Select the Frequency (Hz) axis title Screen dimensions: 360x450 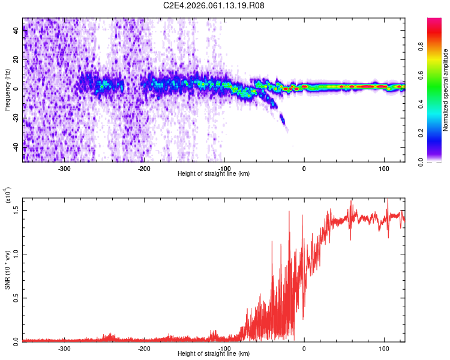pyautogui.click(x=8, y=89)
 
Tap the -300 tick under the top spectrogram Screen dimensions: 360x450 pyautogui.click(x=64, y=169)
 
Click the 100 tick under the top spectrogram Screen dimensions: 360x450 pyautogui.click(x=383, y=169)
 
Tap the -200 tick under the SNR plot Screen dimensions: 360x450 pyautogui.click(x=144, y=349)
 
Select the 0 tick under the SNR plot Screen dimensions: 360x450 pyautogui.click(x=304, y=349)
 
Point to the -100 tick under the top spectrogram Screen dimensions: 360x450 pyautogui.click(x=224, y=169)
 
